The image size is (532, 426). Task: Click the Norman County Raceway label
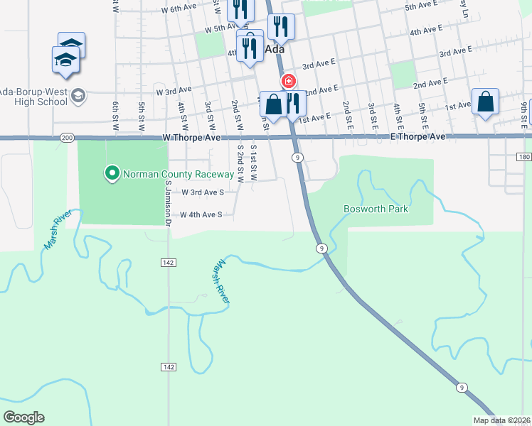tap(179, 174)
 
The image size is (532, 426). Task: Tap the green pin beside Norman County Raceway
tap(112, 173)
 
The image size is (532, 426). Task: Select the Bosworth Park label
tap(376, 209)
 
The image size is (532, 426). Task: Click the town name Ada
tap(275, 50)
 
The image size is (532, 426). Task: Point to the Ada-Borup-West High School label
tap(33, 97)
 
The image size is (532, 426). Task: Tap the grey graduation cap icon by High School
tap(78, 95)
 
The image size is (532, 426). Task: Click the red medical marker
tap(289, 81)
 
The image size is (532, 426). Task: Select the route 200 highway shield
tap(68, 137)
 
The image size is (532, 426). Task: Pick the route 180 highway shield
tap(524, 156)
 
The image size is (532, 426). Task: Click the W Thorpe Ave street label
tap(193, 137)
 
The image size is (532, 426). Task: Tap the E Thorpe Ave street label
tap(417, 136)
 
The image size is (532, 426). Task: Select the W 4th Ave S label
tap(201, 214)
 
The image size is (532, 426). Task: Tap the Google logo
tap(24, 417)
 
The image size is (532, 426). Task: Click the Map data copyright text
tap(502, 420)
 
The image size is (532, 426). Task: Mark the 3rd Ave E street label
tap(456, 53)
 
